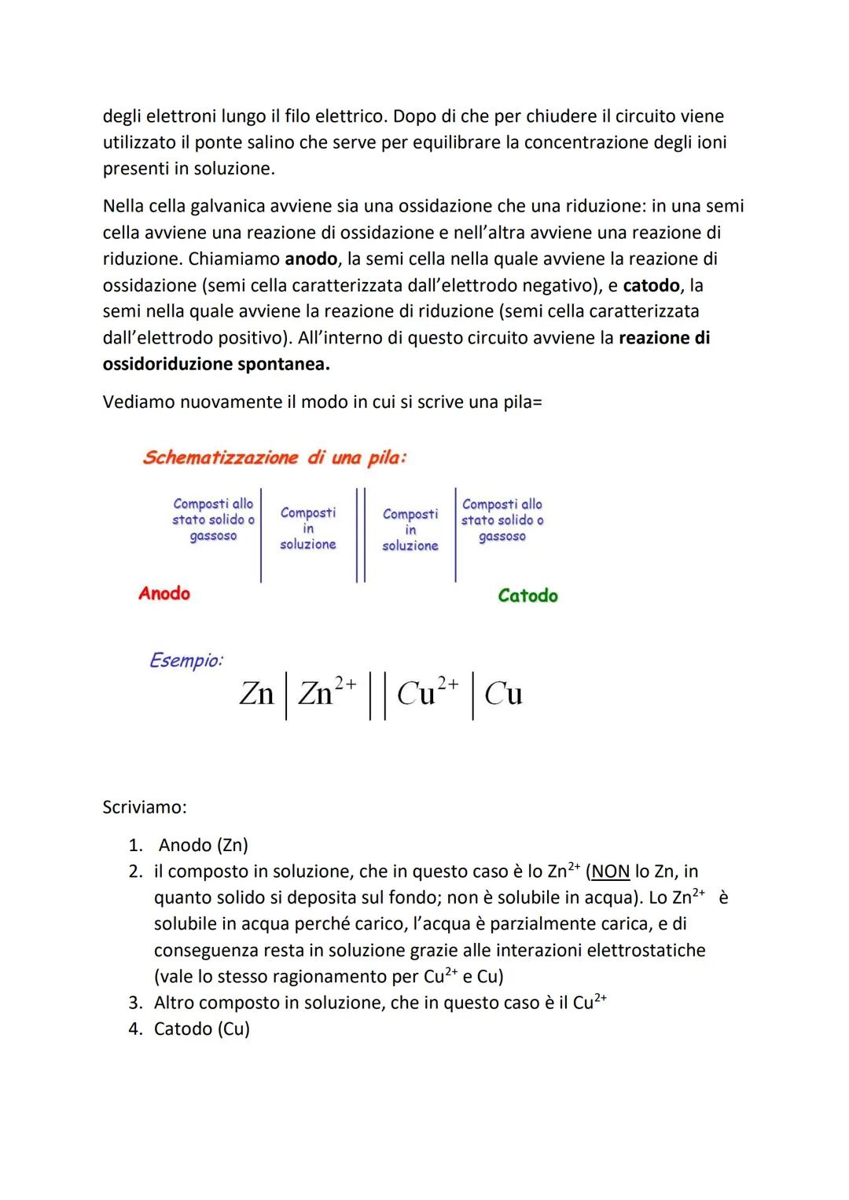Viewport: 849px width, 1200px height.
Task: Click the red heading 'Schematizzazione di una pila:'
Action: point(274,457)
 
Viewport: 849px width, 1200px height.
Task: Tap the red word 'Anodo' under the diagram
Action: point(164,593)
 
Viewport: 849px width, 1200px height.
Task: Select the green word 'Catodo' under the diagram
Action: point(527,596)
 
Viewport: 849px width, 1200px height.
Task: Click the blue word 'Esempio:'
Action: point(186,660)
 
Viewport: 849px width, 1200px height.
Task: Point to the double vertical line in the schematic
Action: point(360,534)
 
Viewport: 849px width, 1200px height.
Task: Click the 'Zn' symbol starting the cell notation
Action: point(256,693)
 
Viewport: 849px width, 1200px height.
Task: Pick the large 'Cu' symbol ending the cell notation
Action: point(503,693)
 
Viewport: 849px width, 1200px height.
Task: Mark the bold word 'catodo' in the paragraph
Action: point(651,284)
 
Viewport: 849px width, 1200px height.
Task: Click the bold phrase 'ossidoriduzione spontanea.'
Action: point(216,364)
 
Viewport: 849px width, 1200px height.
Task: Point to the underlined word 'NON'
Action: point(610,872)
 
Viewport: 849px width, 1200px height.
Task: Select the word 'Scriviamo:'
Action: point(145,807)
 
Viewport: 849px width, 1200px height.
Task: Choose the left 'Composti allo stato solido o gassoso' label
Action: point(213,519)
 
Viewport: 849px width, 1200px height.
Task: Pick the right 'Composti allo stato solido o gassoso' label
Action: point(502,519)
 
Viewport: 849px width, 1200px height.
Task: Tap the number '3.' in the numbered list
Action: point(136,1003)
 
